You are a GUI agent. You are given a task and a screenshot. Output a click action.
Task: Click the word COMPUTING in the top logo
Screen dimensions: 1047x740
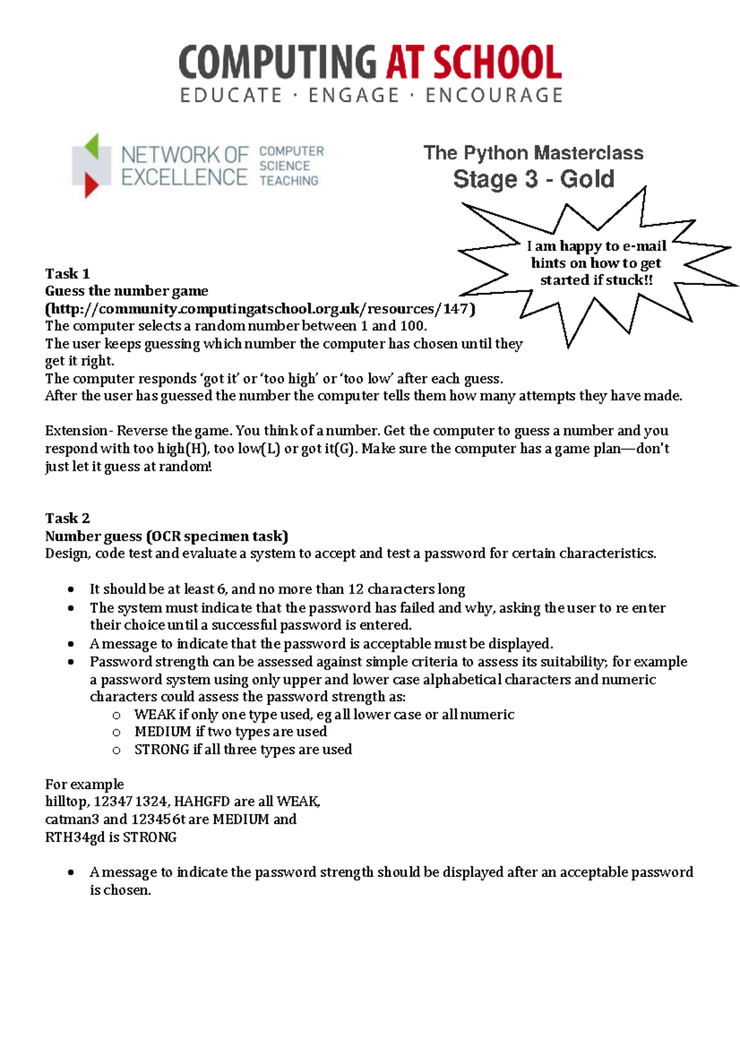click(277, 63)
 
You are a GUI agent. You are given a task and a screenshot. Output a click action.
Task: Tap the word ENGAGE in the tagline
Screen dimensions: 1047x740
click(354, 96)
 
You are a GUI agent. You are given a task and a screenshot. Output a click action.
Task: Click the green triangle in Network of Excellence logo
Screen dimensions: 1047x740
click(92, 146)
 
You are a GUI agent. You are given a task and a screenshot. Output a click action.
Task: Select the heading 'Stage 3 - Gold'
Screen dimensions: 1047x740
click(533, 179)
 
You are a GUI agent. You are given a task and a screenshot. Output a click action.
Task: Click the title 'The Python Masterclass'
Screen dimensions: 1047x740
click(533, 153)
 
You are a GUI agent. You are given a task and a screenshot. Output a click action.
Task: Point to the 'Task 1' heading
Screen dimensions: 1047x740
click(67, 274)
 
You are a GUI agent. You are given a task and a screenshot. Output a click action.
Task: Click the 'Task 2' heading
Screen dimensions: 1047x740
click(67, 518)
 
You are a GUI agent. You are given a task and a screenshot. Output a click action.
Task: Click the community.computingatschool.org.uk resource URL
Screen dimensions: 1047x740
click(260, 309)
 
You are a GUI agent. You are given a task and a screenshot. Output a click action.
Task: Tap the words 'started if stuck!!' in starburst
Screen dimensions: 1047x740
click(596, 281)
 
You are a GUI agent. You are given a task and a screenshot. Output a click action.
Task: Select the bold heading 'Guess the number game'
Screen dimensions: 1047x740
click(126, 291)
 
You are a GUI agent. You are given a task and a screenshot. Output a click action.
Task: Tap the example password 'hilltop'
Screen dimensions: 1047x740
click(66, 802)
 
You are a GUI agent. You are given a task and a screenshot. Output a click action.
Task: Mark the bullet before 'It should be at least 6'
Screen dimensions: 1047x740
click(72, 589)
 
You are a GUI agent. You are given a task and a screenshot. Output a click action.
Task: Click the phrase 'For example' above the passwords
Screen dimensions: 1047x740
click(84, 784)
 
